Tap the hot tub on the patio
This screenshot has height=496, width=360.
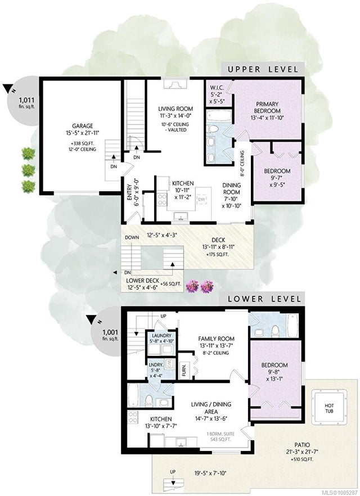pyautogui.click(x=329, y=408)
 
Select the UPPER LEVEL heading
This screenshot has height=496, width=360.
pyautogui.click(x=263, y=69)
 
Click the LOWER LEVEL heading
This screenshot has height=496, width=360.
pyautogui.click(x=264, y=299)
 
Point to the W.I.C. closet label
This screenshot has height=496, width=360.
pyautogui.click(x=217, y=87)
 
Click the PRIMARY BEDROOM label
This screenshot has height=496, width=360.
pyautogui.click(x=267, y=107)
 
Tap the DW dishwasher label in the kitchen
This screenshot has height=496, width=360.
pyautogui.click(x=201, y=199)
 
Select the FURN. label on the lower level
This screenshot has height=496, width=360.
pyautogui.click(x=184, y=369)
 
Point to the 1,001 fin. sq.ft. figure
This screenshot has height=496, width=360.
pyautogui.click(x=110, y=335)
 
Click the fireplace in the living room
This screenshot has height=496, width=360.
pyautogui.click(x=175, y=84)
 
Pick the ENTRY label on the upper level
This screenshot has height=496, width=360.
pyautogui.click(x=129, y=192)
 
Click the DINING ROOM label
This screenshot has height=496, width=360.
pyautogui.click(x=232, y=188)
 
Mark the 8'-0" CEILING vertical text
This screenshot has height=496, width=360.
pyautogui.click(x=242, y=164)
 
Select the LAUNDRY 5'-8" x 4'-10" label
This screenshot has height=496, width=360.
pyautogui.click(x=161, y=338)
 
